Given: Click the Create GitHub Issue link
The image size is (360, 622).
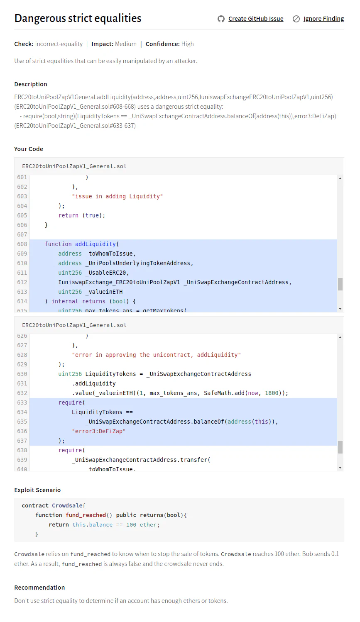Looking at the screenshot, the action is (256, 19).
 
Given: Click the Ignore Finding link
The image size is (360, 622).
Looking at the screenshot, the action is (323, 19).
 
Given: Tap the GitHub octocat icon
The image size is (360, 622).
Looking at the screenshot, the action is (221, 19).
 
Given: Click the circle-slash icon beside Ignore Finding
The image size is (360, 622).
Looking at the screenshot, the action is (296, 19).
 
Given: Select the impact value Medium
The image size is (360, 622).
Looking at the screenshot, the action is (126, 44).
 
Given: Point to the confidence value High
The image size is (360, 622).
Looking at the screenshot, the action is (188, 44).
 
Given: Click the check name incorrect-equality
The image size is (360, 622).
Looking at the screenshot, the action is (59, 44).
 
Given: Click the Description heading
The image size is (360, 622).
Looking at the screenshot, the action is (31, 84).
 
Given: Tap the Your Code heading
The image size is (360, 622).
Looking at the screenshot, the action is (29, 149).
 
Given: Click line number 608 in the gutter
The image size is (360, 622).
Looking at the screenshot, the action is (22, 244).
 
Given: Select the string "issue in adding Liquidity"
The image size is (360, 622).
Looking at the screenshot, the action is (117, 196).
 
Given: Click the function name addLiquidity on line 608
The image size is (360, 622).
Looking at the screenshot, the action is (95, 244).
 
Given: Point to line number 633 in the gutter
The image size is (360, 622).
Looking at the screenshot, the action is (22, 402).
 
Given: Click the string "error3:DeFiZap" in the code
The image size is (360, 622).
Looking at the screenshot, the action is (98, 431).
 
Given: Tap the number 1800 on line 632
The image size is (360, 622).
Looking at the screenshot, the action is (272, 393).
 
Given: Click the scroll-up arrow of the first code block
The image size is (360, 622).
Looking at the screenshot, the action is (340, 178).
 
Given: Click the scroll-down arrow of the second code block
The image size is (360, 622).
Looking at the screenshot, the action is (340, 468).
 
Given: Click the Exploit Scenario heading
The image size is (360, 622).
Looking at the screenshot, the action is (37, 490).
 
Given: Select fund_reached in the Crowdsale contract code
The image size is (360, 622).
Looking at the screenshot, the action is (86, 515).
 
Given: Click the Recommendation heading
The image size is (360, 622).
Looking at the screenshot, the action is (40, 588).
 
